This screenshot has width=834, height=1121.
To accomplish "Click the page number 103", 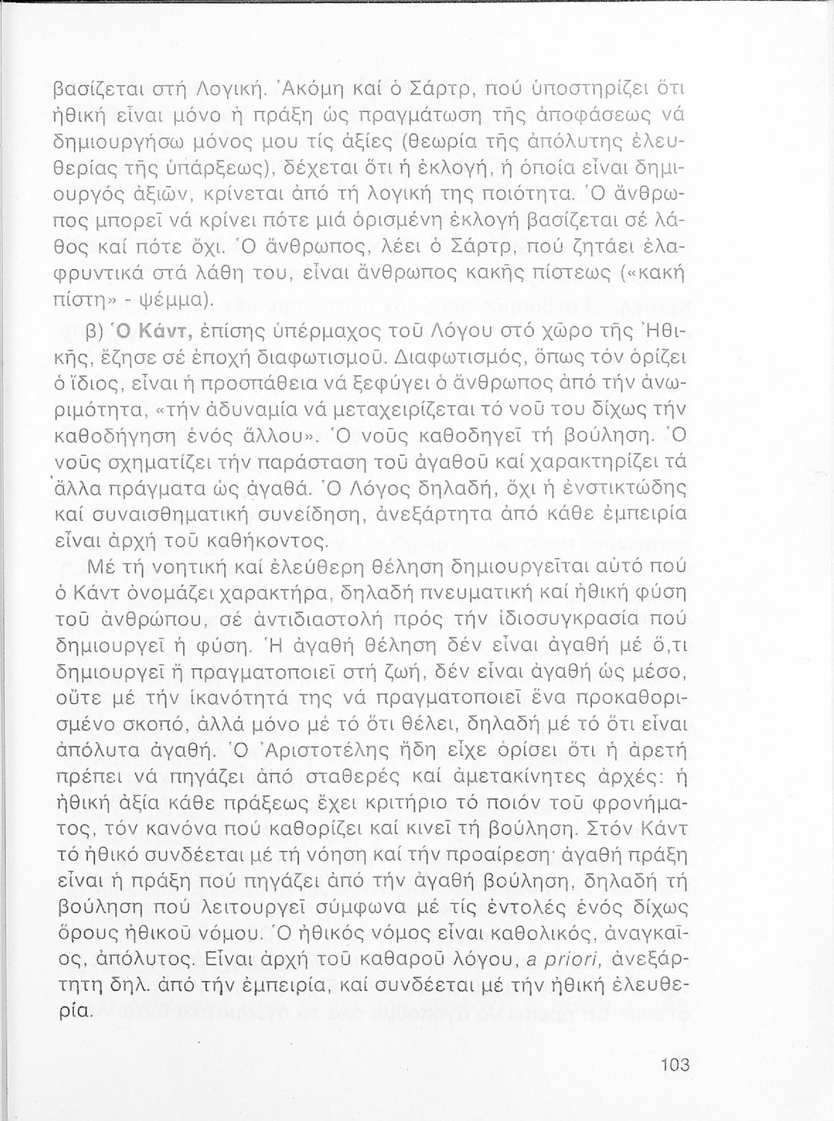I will coord(675,1065).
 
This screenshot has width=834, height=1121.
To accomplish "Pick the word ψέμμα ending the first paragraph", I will coord(182,300).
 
